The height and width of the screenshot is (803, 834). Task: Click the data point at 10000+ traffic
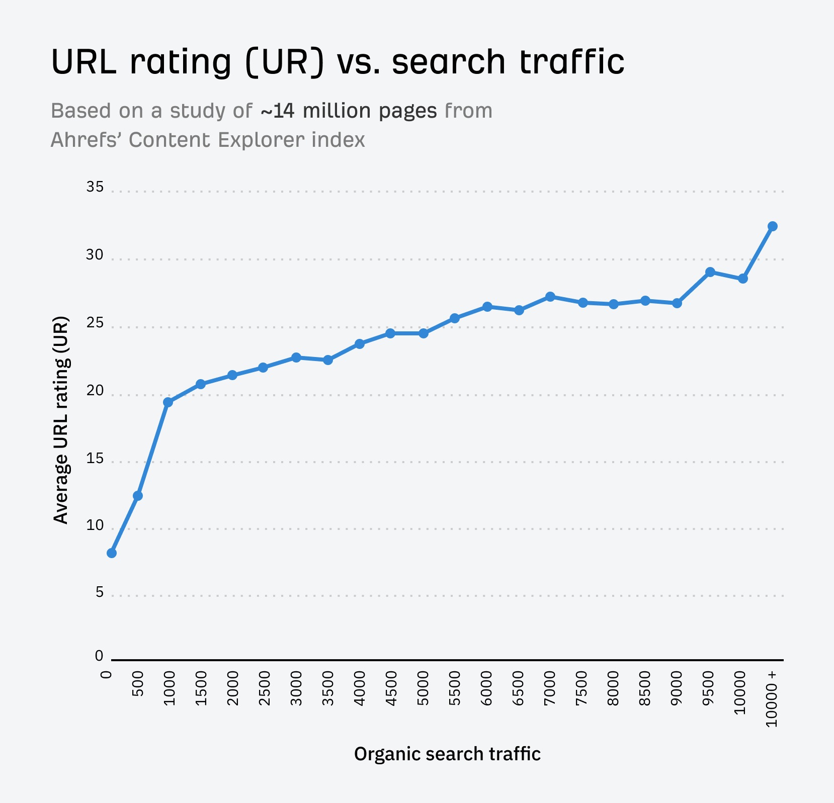(773, 226)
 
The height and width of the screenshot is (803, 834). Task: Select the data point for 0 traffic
(112, 553)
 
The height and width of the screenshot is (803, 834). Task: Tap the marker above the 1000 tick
(168, 402)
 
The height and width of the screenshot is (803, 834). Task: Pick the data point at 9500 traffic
(710, 272)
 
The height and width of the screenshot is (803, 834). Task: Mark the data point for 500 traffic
(138, 496)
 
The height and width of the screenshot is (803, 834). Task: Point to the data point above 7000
(550, 297)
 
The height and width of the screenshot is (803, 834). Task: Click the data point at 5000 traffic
(424, 333)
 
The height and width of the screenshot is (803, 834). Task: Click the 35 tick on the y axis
(95, 188)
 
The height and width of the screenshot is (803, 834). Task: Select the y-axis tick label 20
(95, 391)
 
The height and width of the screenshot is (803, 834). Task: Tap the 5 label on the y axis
(99, 592)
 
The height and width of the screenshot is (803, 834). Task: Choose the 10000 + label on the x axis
(773, 699)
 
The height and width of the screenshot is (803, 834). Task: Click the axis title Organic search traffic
(447, 754)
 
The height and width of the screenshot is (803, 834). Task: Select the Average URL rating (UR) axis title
(61, 420)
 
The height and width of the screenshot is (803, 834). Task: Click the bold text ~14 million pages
(349, 111)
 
